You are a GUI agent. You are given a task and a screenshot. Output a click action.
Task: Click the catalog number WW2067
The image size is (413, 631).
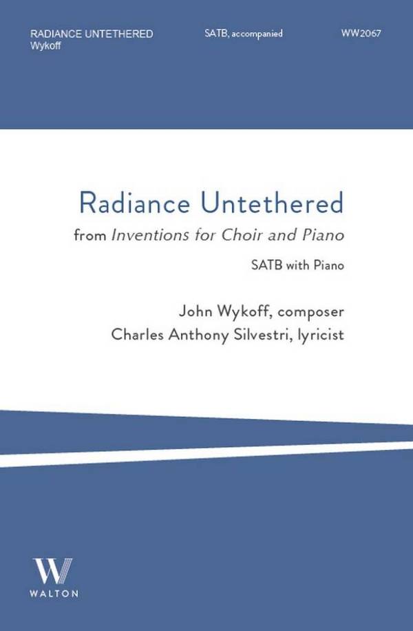tap(361, 33)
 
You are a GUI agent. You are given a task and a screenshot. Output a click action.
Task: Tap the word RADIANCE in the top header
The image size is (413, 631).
tap(56, 34)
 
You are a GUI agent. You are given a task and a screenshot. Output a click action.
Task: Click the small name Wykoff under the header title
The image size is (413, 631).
tap(45, 46)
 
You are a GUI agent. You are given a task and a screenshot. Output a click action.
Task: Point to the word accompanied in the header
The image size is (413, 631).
tap(257, 34)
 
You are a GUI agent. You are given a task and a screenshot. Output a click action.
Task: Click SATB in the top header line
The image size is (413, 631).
tap(217, 33)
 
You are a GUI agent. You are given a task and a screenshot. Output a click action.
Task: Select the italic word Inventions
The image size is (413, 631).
tap(150, 235)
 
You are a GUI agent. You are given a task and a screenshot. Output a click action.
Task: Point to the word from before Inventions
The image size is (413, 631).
tap(90, 235)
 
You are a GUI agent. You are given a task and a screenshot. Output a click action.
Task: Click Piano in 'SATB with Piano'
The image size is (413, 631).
tap(329, 266)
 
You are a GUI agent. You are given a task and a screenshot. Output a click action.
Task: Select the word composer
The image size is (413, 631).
tap(311, 312)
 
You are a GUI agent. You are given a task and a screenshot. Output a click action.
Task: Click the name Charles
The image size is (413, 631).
tap(138, 334)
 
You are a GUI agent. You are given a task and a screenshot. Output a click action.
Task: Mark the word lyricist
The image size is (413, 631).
tap(321, 335)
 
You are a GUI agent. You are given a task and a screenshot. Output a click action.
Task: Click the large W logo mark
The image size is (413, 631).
tap(53, 570)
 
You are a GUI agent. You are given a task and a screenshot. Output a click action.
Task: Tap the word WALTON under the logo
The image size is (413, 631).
tap(54, 593)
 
